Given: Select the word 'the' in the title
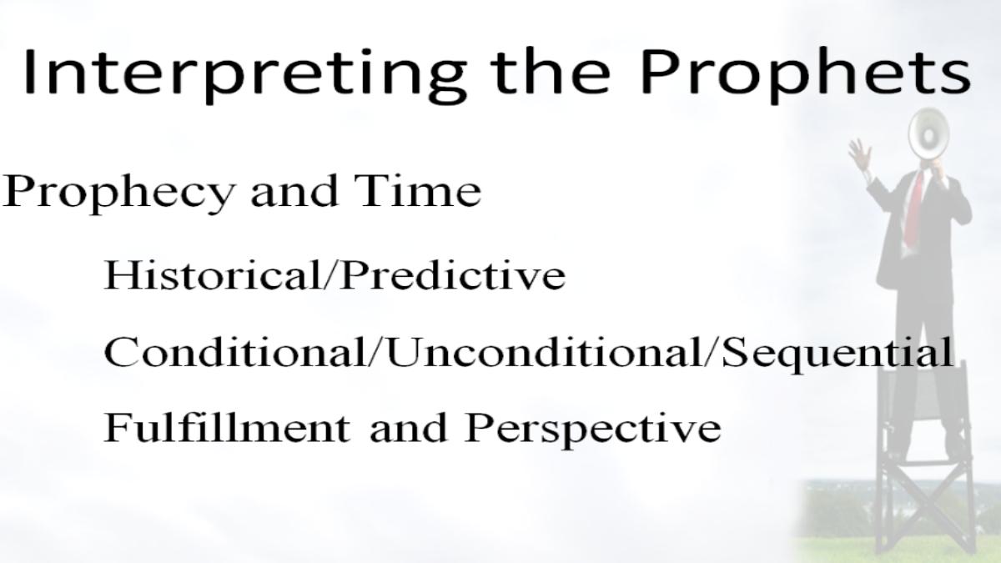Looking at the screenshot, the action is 550,71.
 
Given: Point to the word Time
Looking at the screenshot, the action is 418,191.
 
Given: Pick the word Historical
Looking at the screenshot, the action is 213,274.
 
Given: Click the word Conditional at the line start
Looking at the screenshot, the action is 235,352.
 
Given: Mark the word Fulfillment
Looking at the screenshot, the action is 227,427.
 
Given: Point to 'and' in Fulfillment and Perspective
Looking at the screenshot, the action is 409,428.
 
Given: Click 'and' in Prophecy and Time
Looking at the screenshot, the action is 294,191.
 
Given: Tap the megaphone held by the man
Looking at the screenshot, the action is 929,133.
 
